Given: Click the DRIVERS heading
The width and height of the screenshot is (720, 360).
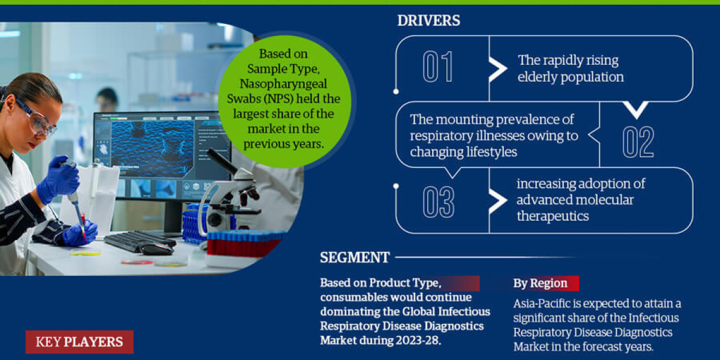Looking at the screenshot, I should [428, 20].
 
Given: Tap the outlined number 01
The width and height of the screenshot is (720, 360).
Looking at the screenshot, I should [438, 67].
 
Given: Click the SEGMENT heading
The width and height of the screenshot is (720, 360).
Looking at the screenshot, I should [355, 258].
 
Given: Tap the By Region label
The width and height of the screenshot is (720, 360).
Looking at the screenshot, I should [540, 283].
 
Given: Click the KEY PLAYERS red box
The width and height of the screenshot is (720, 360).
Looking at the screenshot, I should [79, 343].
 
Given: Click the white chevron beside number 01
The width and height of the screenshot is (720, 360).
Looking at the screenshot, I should [498, 69].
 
